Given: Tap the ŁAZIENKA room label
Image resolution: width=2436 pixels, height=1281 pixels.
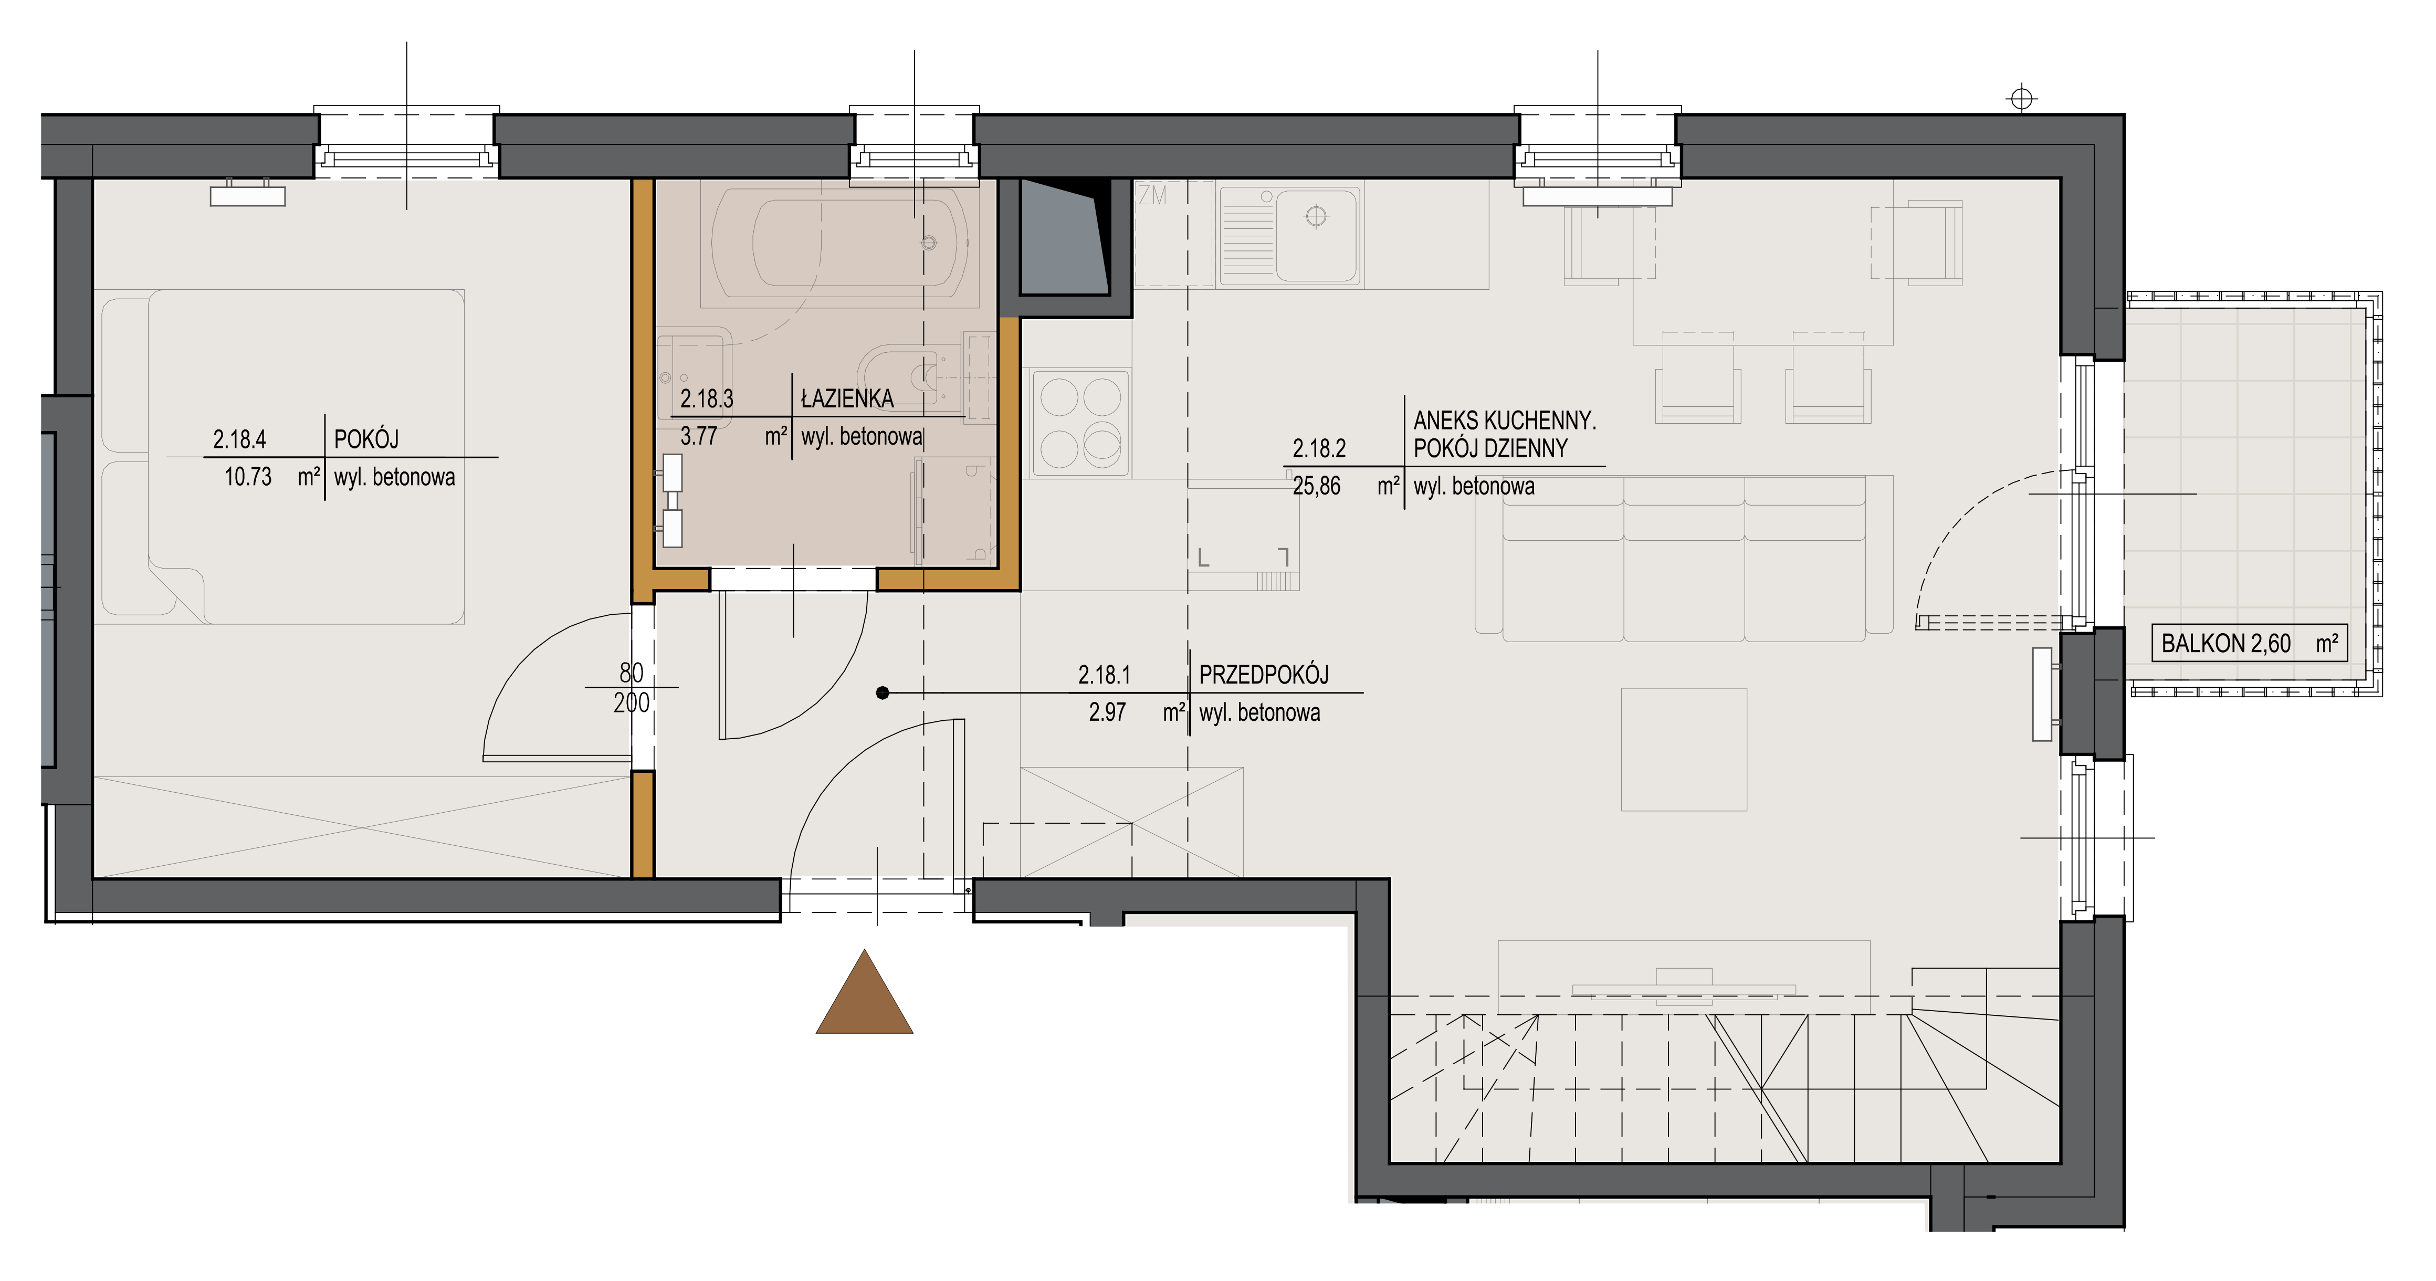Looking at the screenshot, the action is (847, 399).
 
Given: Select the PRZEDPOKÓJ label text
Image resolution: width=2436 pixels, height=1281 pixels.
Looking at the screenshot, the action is (1263, 675).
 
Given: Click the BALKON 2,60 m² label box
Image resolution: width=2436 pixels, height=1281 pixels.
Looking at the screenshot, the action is (2249, 644).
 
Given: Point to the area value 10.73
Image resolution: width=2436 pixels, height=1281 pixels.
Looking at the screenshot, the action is (248, 477).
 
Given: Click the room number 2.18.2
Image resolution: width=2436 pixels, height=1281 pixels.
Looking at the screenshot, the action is (1319, 448).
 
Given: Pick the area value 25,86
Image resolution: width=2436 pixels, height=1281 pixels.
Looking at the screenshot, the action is (1316, 487).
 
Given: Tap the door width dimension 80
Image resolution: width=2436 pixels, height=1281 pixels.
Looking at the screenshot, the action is (631, 673).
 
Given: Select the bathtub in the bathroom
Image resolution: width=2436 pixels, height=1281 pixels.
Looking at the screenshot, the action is (840, 243).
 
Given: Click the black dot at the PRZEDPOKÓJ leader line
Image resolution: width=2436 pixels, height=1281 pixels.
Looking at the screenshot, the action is (883, 693).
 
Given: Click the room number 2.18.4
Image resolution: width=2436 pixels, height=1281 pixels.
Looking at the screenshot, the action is (239, 439).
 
